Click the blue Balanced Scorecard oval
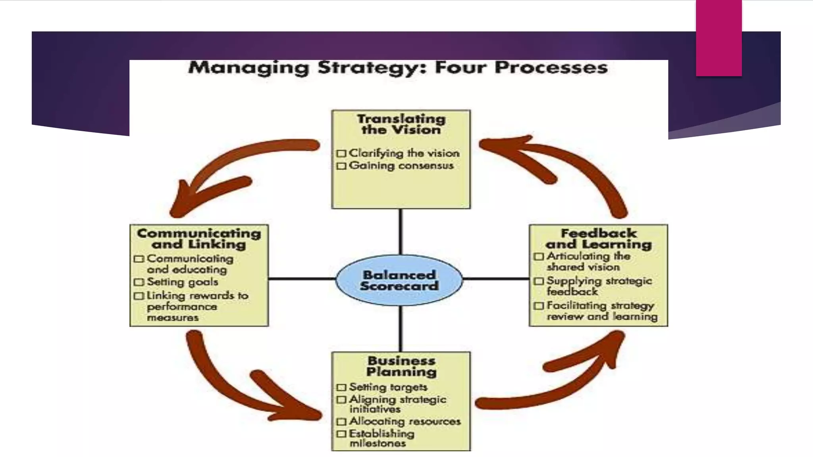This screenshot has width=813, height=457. click(x=399, y=280)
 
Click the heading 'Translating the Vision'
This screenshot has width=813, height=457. click(x=401, y=124)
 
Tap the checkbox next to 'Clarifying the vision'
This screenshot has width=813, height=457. click(x=341, y=154)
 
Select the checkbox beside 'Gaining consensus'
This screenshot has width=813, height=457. click(x=341, y=166)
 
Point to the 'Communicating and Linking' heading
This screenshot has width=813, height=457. click(x=199, y=238)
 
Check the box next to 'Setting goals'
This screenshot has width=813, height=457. click(x=139, y=282)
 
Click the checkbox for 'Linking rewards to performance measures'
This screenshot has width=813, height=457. click(x=139, y=296)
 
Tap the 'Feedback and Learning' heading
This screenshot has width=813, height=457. click(x=599, y=238)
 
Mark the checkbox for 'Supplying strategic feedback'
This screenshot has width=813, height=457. click(x=539, y=281)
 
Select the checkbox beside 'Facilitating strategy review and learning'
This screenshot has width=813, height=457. click(x=539, y=306)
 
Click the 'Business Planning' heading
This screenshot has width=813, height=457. click(x=401, y=366)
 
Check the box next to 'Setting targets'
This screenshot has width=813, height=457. click(x=341, y=387)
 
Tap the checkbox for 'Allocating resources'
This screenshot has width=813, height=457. click(x=341, y=421)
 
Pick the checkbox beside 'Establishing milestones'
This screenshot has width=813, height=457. click(x=341, y=434)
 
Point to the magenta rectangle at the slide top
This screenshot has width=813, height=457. click(x=719, y=38)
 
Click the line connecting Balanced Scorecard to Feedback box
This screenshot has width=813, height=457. click(x=496, y=279)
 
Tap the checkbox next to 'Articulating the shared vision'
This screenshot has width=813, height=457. click(x=539, y=257)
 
